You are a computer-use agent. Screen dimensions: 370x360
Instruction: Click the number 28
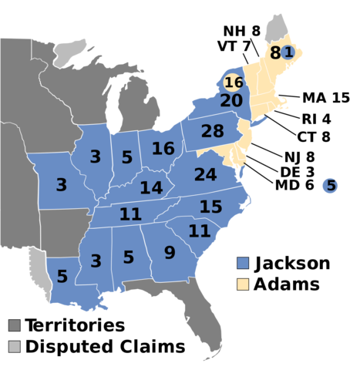(212, 132)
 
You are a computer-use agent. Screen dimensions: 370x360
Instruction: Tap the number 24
(205, 175)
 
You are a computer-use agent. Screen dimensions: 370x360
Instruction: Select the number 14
(151, 188)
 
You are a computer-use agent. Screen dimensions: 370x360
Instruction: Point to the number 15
(210, 207)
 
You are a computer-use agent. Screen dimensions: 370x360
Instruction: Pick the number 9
(170, 252)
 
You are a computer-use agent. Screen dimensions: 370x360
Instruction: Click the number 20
(231, 101)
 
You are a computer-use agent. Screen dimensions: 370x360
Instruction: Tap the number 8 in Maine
(274, 53)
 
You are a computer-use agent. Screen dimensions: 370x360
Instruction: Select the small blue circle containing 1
(288, 52)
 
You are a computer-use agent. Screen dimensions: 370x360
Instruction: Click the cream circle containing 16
(234, 82)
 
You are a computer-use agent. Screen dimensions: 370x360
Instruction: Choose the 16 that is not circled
(163, 149)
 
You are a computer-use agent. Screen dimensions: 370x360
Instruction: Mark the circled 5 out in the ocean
(330, 186)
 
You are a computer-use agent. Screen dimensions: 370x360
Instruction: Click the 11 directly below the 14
(130, 214)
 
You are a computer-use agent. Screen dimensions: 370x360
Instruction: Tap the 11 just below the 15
(199, 231)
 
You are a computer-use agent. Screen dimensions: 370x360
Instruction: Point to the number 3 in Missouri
(61, 185)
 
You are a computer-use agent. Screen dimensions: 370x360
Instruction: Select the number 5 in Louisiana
(62, 276)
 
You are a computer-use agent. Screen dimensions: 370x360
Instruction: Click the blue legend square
(243, 263)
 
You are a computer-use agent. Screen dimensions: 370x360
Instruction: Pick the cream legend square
(243, 284)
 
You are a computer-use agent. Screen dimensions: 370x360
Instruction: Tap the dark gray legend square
(15, 325)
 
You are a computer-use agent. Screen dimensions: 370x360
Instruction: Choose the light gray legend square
(15, 346)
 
